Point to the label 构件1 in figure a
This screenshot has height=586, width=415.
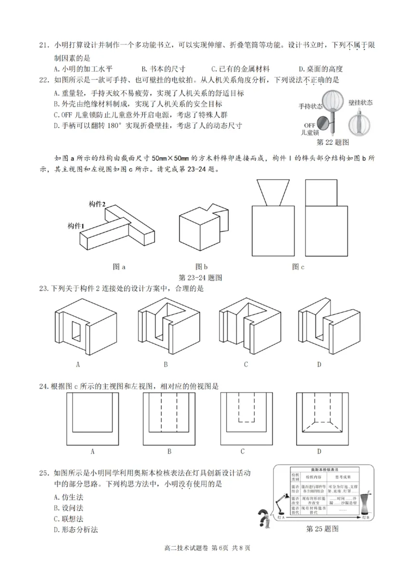point(76,226)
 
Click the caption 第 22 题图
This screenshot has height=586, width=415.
point(332,141)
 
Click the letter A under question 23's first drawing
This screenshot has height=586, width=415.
point(78,364)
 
